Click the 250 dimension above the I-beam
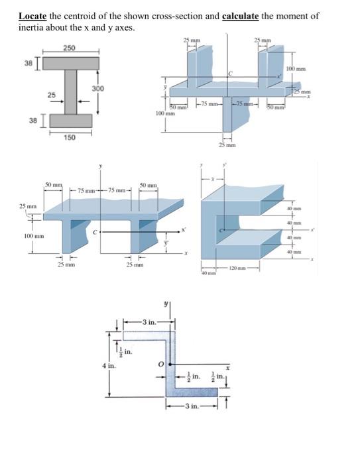click(70, 47)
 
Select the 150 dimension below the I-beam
click(70, 137)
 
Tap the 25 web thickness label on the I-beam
click(50, 95)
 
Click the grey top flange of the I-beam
click(70, 63)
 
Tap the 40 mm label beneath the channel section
click(207, 272)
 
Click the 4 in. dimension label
click(105, 364)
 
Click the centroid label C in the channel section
click(221, 229)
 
